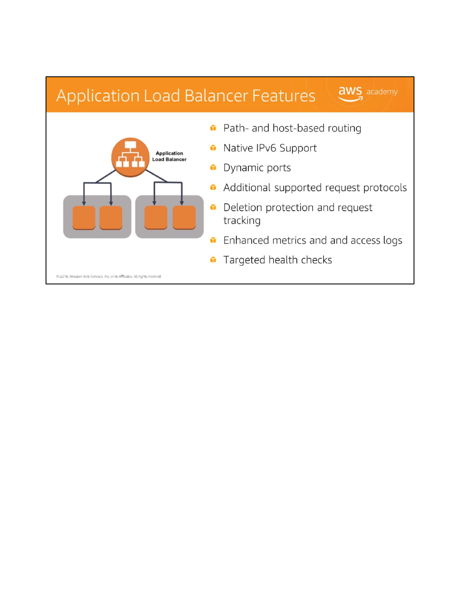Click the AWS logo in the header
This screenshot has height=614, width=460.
[x=350, y=93]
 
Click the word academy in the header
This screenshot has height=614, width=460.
[x=382, y=92]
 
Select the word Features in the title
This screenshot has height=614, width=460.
[x=284, y=96]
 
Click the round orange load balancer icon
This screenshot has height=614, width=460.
[x=130, y=157]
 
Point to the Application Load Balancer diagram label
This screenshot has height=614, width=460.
[x=170, y=156]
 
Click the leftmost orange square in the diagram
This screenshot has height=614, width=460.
[x=84, y=217]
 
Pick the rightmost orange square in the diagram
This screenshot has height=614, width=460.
[x=184, y=217]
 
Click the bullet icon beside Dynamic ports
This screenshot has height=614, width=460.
[x=213, y=168]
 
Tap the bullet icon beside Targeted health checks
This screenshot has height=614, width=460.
[x=213, y=260]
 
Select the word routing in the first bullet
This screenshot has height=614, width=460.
[x=344, y=128]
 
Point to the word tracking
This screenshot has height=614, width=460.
[x=242, y=221]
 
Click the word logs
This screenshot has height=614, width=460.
[x=392, y=241]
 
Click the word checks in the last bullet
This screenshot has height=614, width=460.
[x=316, y=260]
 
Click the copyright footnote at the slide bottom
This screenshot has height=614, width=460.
[x=109, y=276]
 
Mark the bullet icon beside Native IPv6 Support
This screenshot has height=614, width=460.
[x=213, y=148]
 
